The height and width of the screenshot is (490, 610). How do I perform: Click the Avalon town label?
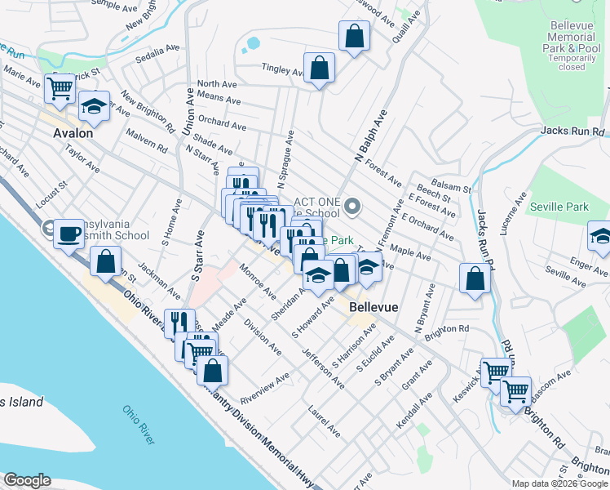coord(73,132)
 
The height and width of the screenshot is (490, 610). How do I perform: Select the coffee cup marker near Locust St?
coord(67,234)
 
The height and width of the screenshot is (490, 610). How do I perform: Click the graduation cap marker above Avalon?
coord(94,107)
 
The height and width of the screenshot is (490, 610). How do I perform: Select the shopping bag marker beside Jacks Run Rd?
coord(474,278)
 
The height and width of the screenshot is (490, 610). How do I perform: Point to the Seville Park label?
coord(559,207)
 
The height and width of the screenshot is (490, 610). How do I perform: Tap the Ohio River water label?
coord(139,425)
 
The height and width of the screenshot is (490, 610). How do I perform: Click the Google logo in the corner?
coord(27,480)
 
